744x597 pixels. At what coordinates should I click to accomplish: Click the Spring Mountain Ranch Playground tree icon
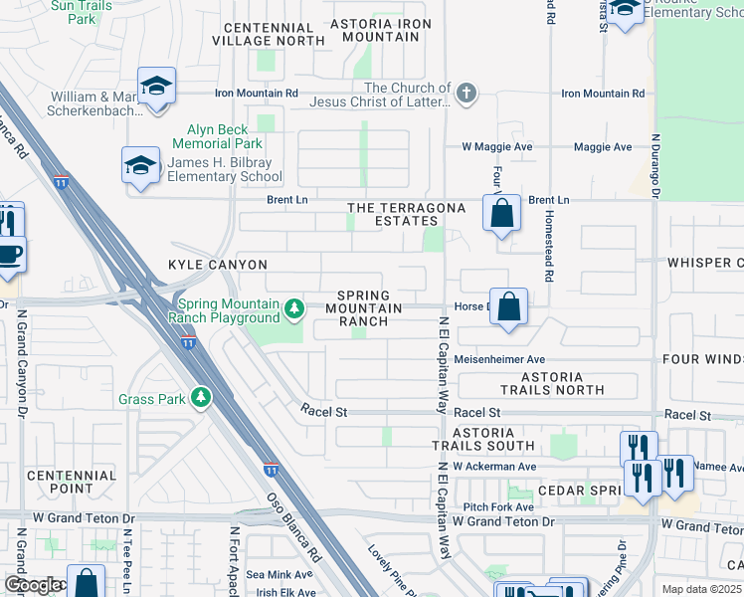pos(294,310)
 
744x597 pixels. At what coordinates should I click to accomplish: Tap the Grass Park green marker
pos(202,399)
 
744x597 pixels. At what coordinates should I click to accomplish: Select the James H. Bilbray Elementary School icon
pos(140,166)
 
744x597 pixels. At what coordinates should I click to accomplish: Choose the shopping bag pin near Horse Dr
pos(508,308)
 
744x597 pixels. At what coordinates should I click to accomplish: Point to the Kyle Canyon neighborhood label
pos(218,265)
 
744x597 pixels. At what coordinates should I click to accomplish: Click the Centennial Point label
pos(72,483)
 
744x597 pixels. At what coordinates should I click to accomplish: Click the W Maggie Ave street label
pos(496,147)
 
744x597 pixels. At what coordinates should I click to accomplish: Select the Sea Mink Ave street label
pos(279,574)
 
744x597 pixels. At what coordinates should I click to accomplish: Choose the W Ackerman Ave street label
pos(493,466)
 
